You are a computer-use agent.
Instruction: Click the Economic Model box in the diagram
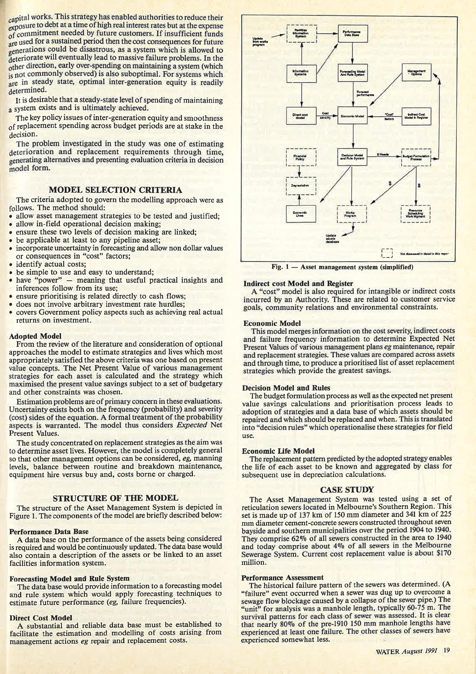(353, 116)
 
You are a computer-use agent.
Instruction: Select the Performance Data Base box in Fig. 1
(353, 34)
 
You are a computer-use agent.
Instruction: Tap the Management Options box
(416, 73)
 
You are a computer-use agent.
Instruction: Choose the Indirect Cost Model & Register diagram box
(416, 116)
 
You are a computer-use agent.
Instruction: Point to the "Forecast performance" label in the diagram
(365, 94)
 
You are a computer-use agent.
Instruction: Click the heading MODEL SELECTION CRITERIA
(115, 190)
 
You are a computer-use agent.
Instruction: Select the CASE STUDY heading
(347, 489)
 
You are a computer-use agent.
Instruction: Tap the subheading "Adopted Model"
(35, 336)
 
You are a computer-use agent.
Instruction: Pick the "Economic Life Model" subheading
(278, 451)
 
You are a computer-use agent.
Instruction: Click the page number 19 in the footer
(446, 650)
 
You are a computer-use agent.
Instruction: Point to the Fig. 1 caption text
(342, 267)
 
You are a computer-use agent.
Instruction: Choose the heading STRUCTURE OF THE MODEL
(115, 498)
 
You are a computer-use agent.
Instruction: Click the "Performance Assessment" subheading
(283, 577)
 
